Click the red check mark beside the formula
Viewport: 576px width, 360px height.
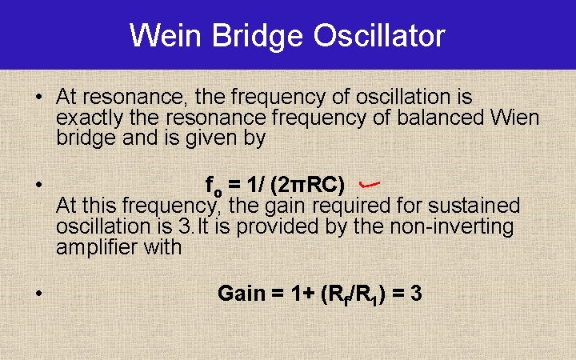368,185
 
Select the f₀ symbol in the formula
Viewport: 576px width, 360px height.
214,186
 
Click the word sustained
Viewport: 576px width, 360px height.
478,206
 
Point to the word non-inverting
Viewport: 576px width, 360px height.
451,226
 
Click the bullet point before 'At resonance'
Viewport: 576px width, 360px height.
38,98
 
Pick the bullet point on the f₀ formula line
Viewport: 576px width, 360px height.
38,186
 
